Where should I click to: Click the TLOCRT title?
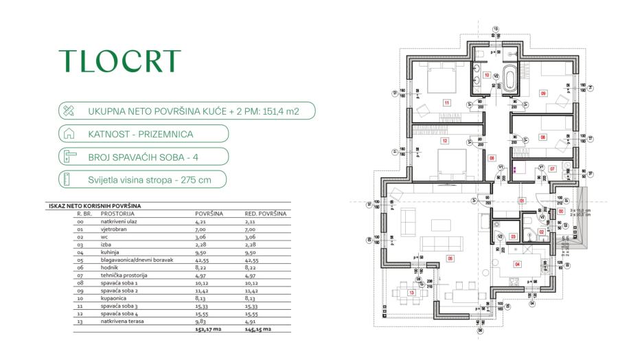119,61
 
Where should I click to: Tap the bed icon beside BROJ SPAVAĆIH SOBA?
68,157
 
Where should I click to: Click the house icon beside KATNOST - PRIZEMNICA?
68,133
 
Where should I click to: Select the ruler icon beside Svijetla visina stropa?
68,180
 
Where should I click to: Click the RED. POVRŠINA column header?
266,214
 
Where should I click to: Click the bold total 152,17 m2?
209,329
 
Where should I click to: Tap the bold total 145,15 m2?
259,329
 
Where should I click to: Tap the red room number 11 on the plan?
446,103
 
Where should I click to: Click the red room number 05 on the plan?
450,259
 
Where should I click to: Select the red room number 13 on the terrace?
411,293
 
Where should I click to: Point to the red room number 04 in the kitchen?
517,263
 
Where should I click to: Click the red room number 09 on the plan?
543,93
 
